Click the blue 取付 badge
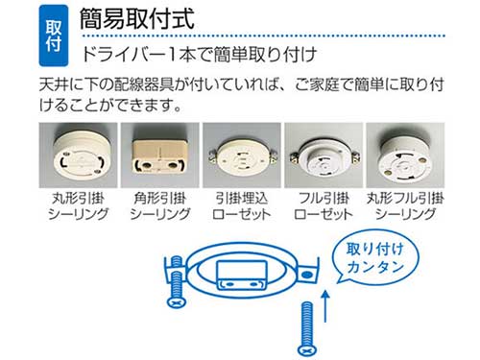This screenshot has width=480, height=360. point(54,36)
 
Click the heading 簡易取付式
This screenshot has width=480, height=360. point(137,19)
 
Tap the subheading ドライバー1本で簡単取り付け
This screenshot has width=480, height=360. point(199,55)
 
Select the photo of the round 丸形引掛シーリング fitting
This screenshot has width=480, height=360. point(78,156)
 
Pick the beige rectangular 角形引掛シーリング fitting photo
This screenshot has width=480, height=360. point(160,156)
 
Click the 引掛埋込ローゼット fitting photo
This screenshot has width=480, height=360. point(242,156)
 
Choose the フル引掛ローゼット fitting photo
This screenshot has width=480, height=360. point(324,156)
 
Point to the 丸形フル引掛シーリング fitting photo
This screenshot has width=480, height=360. point(405,156)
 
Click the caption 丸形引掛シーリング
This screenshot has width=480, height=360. point(78,206)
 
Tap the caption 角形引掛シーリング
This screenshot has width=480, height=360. point(160,206)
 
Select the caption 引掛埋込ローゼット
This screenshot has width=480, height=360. point(242,206)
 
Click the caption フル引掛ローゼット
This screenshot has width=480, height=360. point(324,206)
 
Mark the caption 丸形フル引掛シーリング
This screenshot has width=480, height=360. point(405,206)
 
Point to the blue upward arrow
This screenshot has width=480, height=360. point(325,305)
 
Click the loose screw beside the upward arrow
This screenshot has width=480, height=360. point(307,329)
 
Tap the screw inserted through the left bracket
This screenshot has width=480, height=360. point(177,281)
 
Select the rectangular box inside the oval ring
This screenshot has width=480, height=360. point(242,275)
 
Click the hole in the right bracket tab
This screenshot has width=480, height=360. point(307,275)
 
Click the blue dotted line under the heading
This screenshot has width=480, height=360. point(263,36)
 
